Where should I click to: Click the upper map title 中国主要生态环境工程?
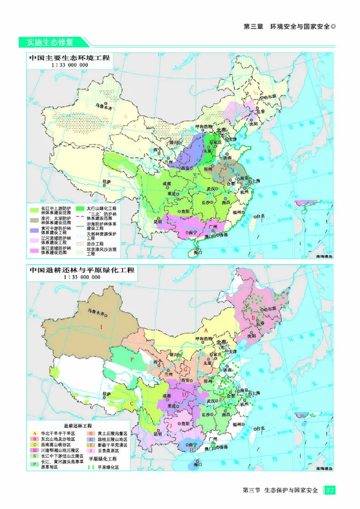pos(69,58)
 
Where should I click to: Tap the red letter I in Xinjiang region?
pos(101,326)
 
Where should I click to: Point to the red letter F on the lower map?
pos(132,360)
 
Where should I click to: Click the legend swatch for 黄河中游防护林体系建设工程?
pos(34,229)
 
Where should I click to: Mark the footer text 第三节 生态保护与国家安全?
pos(280,490)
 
